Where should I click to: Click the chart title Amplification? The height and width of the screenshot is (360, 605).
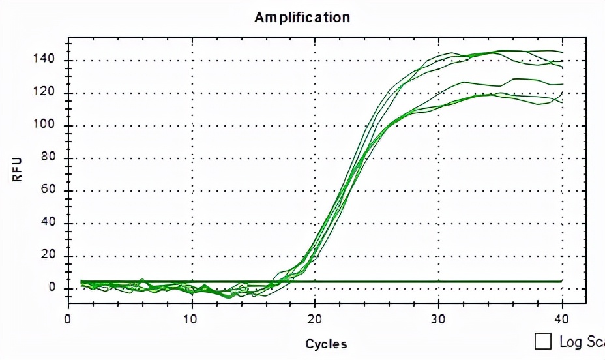click(302, 17)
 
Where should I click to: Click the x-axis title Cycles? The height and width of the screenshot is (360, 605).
click(326, 344)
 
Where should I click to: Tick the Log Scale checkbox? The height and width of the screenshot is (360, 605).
click(542, 341)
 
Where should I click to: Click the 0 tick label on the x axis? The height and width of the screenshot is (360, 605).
click(68, 319)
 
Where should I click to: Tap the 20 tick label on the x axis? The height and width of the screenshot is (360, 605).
click(315, 319)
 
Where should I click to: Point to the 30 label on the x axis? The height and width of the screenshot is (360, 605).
click(439, 319)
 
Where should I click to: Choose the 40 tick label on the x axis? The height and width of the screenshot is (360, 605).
click(562, 319)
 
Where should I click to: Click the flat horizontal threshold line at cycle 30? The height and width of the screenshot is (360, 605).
click(439, 282)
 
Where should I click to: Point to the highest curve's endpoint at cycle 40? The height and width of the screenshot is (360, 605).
click(562, 52)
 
